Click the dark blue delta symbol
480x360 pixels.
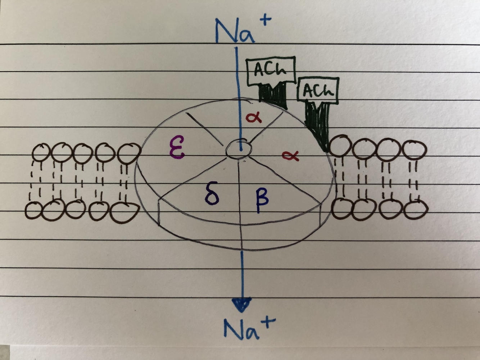click(x=212, y=194)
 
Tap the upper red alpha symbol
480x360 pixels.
click(x=254, y=117)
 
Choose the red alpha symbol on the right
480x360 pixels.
click(x=290, y=155)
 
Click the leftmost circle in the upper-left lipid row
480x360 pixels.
click(x=41, y=153)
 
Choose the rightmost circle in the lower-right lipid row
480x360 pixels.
click(x=416, y=209)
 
